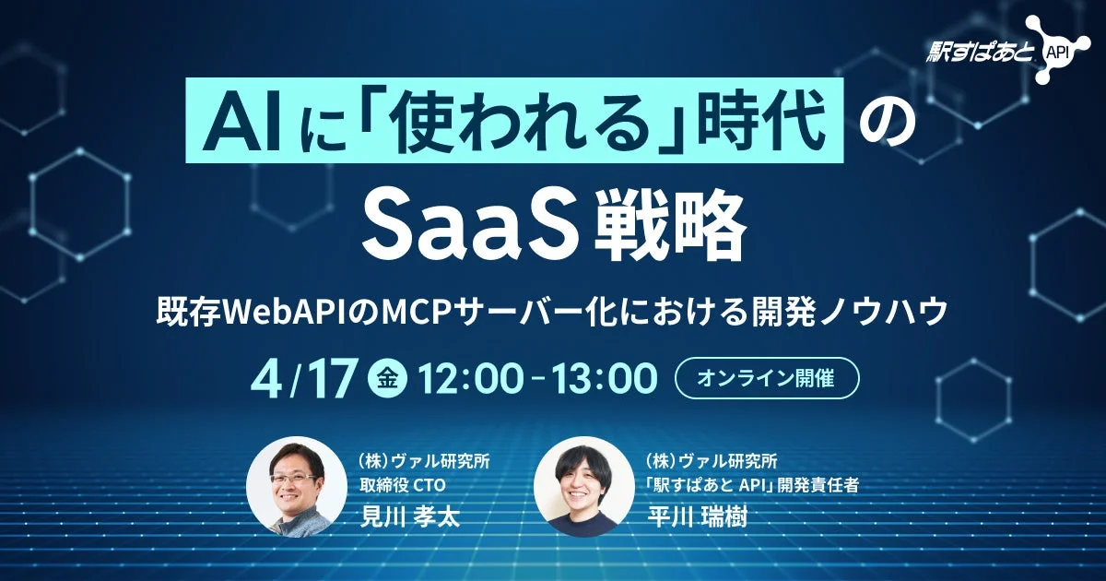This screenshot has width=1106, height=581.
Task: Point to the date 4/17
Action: point(308,379)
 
